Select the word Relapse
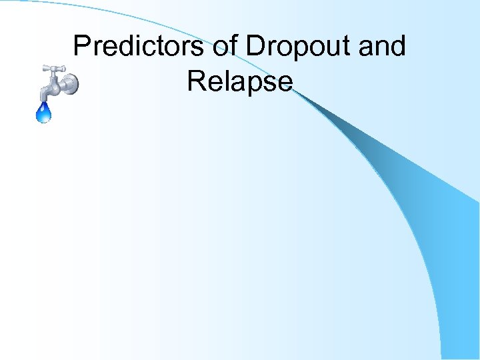(x=239, y=81)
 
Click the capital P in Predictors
(x=82, y=47)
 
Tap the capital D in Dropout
(x=255, y=47)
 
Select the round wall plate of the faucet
(x=70, y=84)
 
